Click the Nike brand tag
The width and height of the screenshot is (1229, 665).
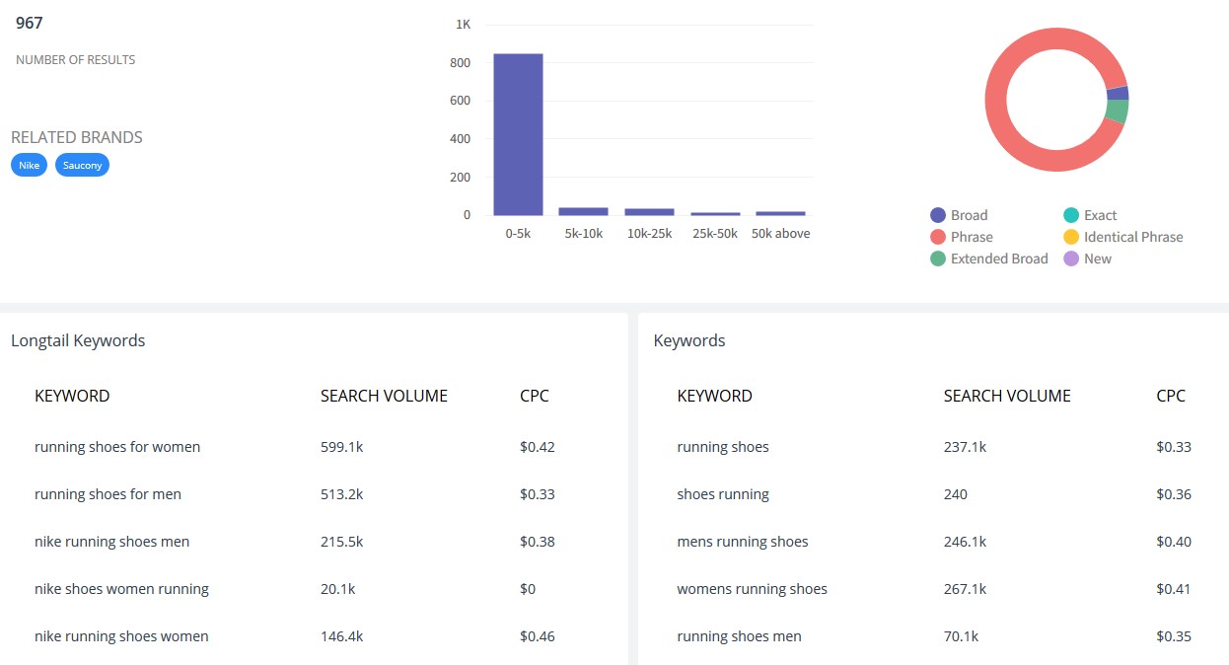pos(29,165)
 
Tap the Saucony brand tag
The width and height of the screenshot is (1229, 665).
pos(82,165)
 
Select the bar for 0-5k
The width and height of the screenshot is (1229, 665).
pos(518,134)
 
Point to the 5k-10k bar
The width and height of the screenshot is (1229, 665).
pos(583,211)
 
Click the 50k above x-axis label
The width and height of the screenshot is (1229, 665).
pos(780,233)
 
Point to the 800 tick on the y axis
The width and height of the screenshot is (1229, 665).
pos(460,62)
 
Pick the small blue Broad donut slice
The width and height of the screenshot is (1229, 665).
pos(1118,93)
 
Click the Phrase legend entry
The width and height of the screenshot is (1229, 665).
pos(962,237)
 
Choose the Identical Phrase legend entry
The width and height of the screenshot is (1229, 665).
pos(1122,237)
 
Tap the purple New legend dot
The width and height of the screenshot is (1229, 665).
pos(1071,259)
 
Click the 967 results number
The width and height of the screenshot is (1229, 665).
pos(29,23)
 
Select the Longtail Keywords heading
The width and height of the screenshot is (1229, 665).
pos(78,340)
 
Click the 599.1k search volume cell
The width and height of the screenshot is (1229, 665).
pos(342,447)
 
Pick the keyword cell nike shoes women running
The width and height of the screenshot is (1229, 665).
pos(121,589)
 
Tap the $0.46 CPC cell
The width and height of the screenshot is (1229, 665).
pos(538,636)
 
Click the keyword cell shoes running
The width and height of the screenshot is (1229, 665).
pos(723,493)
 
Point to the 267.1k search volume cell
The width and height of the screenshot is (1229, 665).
pos(965,589)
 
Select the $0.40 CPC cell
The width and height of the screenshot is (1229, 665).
pos(1174,542)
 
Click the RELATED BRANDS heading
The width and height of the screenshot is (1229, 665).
pos(77,137)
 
